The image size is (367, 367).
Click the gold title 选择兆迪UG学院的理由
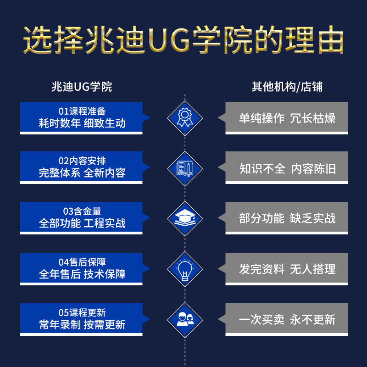(183, 41)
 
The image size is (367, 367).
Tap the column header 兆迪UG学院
(82, 87)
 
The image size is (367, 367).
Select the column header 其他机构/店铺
(287, 87)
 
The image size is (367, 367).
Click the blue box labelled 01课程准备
(82, 117)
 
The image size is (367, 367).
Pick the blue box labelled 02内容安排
(82, 167)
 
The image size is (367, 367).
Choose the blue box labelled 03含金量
(82, 217)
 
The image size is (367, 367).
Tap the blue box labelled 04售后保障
(82, 268)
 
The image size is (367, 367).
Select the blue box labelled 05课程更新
(82, 318)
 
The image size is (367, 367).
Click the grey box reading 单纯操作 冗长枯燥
(287, 117)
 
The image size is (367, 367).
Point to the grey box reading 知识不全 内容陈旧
(287, 168)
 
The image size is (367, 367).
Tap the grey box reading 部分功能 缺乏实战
(287, 218)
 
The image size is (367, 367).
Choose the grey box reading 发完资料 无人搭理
(287, 268)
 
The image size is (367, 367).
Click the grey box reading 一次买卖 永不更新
(287, 319)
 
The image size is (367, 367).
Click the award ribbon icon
(184, 117)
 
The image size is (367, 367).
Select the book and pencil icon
(184, 168)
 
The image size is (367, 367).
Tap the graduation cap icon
(184, 218)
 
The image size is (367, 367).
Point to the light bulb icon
(184, 268)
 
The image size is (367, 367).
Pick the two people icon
(184, 319)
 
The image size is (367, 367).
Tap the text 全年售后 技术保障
(82, 274)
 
